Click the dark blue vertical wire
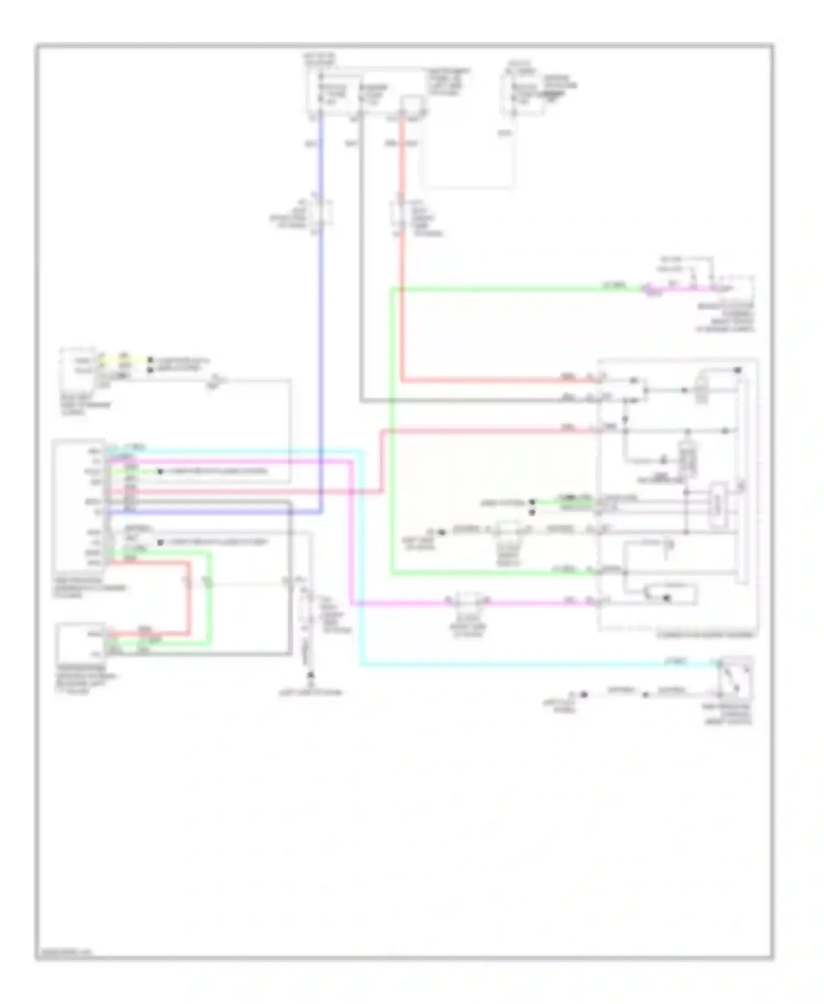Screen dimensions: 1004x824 [321, 330]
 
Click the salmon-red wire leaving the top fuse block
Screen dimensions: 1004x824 [402, 308]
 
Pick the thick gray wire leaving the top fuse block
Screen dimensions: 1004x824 [361, 275]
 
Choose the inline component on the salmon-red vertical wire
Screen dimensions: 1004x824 [400, 215]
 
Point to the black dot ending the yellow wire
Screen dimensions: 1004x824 [151, 360]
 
